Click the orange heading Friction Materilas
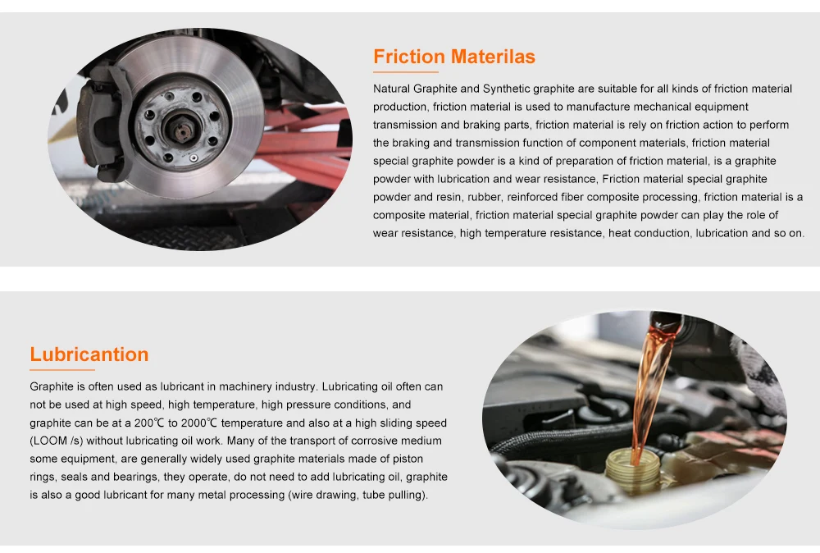(x=453, y=57)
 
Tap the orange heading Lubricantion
(x=89, y=354)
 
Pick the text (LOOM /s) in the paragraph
(x=59, y=441)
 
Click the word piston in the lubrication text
(x=415, y=459)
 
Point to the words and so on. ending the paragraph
(x=779, y=233)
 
